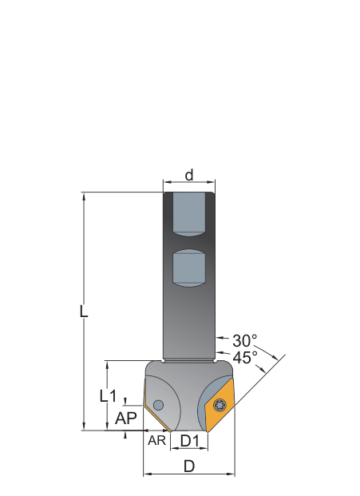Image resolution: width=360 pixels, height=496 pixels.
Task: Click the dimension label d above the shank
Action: coord(189,175)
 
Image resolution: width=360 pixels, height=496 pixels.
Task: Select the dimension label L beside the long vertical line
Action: coord(84,311)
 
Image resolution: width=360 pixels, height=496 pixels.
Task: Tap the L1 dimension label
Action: coord(108,395)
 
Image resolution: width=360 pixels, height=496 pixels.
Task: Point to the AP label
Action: coord(126,419)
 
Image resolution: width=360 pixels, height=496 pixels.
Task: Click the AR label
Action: coord(156,440)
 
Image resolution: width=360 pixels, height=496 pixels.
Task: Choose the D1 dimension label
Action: coord(190,440)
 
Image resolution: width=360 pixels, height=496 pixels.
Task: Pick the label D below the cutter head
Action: coord(189,466)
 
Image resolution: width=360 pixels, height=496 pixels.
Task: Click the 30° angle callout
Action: coord(244,341)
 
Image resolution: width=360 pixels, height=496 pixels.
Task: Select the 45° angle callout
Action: coord(245,358)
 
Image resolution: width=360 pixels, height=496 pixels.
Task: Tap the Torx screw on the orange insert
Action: coord(219,405)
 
